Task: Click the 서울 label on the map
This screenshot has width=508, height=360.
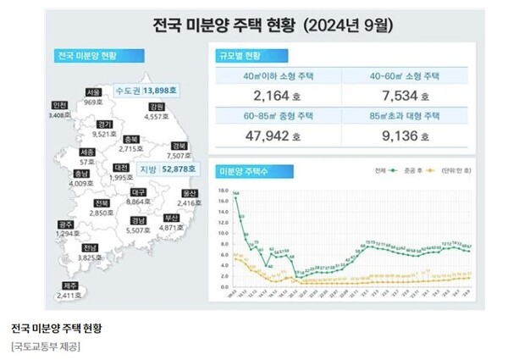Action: (x=95, y=92)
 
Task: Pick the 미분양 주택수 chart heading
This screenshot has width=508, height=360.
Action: (x=245, y=171)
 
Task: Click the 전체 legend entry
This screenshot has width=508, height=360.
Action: (x=383, y=170)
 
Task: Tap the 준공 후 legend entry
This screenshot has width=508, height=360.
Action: (x=411, y=170)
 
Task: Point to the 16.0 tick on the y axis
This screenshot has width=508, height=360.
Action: (x=223, y=191)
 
